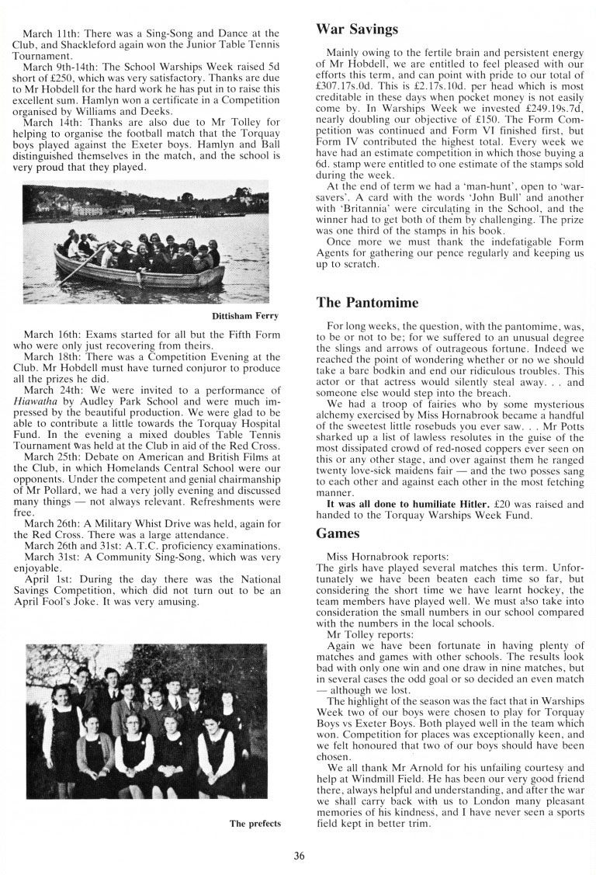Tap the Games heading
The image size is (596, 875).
[338, 533]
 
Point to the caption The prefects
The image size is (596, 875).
[255, 823]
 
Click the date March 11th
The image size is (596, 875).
[49, 33]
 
